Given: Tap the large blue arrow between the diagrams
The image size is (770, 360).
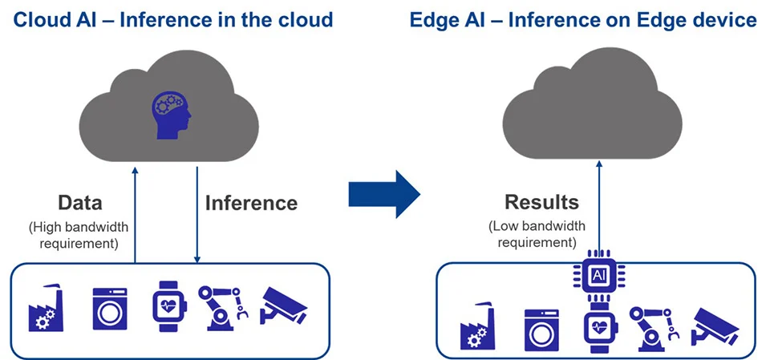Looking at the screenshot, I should (384, 193).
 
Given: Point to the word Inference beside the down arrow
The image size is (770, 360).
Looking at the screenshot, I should (251, 203).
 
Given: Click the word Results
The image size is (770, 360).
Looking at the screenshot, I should (541, 201).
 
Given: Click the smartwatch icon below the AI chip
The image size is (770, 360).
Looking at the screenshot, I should (598, 327).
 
